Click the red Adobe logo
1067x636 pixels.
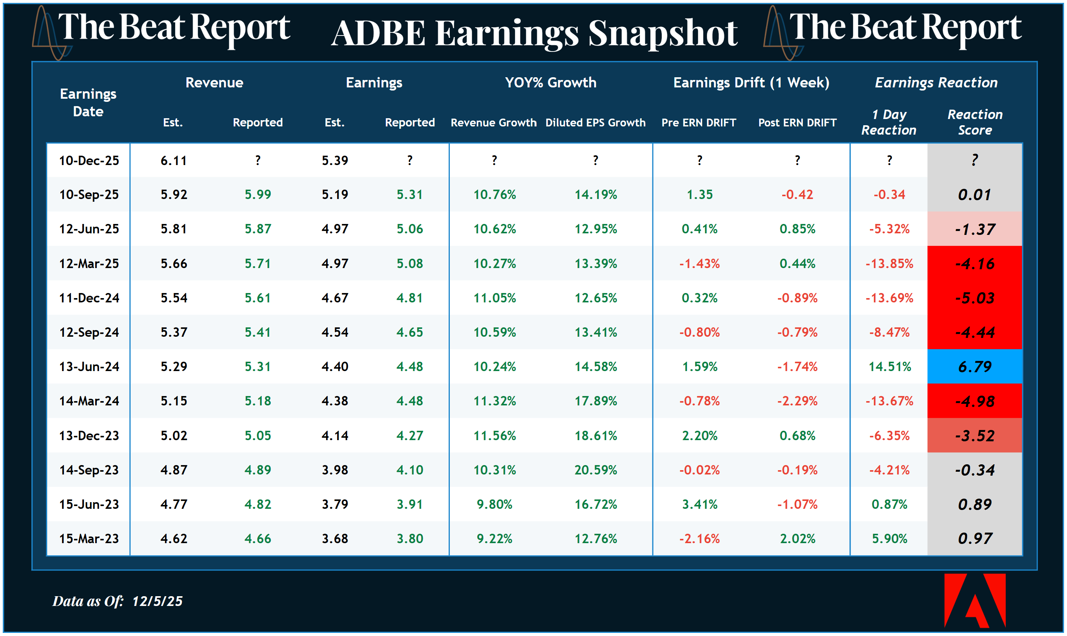pyautogui.click(x=975, y=600)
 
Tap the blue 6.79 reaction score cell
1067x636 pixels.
pyautogui.click(x=975, y=367)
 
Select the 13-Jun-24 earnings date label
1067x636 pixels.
pyautogui.click(x=89, y=367)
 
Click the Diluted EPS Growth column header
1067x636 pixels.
pyautogui.click(x=595, y=123)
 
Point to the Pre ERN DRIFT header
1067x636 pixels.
pyautogui.click(x=698, y=123)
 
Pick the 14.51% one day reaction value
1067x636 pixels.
pyautogui.click(x=889, y=367)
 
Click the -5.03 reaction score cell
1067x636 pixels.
pyautogui.click(x=975, y=298)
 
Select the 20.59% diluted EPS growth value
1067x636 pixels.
pyautogui.click(x=595, y=470)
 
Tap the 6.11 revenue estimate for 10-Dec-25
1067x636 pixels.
pyautogui.click(x=174, y=161)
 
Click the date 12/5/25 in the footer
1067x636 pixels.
pyautogui.click(x=157, y=601)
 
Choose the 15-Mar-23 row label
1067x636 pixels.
pyautogui.click(x=89, y=539)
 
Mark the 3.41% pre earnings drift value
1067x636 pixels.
pyautogui.click(x=699, y=505)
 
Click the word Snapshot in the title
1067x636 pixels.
pyautogui.click(x=662, y=34)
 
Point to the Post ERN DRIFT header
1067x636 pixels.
pyautogui.click(x=797, y=123)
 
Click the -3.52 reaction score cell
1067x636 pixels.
pyautogui.click(x=975, y=436)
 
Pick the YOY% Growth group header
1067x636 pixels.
pyautogui.click(x=550, y=82)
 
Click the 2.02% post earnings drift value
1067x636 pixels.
pyautogui.click(x=797, y=539)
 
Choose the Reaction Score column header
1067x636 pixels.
pyautogui.click(x=975, y=122)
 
